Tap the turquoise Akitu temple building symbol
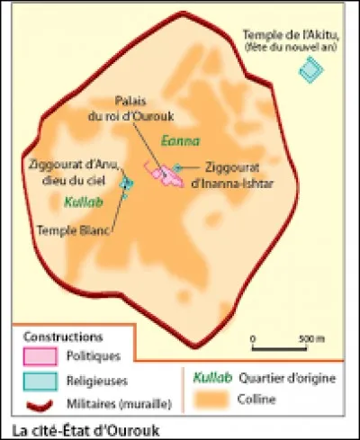pos(311,67)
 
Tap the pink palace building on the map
pos(166,171)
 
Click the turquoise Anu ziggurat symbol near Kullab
pos(127,184)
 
